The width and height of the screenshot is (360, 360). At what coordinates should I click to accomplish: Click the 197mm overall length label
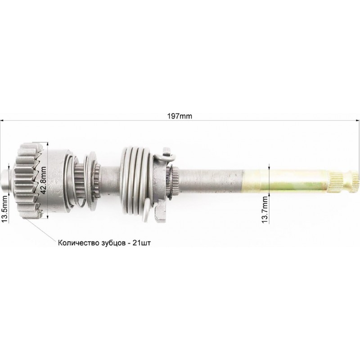point(180,116)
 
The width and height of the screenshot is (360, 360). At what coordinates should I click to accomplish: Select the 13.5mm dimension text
point(4,210)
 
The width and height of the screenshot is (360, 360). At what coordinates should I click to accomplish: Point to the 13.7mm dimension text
point(265,209)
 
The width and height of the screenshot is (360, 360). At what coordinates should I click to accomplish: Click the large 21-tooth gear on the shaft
point(29,180)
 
